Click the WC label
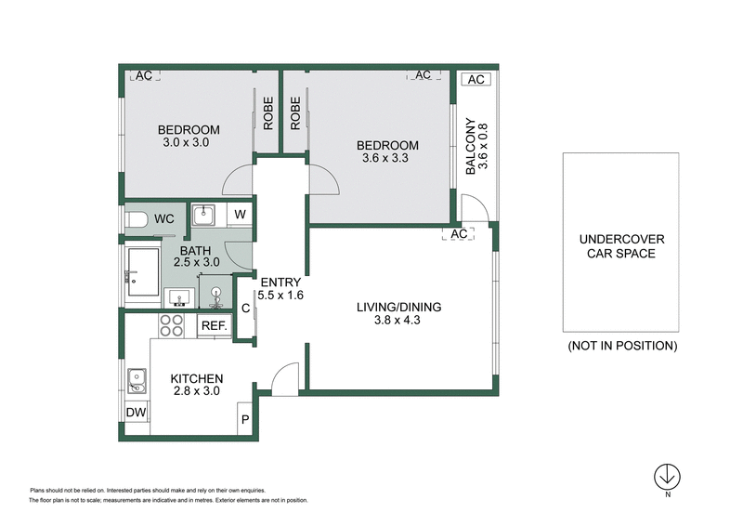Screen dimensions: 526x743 coord(164,218)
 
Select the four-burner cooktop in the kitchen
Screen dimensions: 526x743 coord(172,324)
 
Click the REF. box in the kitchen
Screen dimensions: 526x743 coord(214,325)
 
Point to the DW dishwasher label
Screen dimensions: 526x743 coord(135,413)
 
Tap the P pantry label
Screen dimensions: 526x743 coord(245,419)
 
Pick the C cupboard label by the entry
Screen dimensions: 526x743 coord(246,309)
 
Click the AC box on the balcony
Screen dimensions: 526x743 coord(476,80)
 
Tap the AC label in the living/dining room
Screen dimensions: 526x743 coord(457,234)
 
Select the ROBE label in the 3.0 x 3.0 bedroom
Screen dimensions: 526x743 coord(267,112)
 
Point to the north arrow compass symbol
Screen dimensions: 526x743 coord(666,476)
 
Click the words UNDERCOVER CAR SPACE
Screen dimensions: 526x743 coord(620,245)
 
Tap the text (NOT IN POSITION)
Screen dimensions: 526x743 coord(621,345)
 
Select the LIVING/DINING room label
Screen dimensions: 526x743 coord(400,307)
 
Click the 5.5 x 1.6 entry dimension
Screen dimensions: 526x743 coord(283,296)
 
